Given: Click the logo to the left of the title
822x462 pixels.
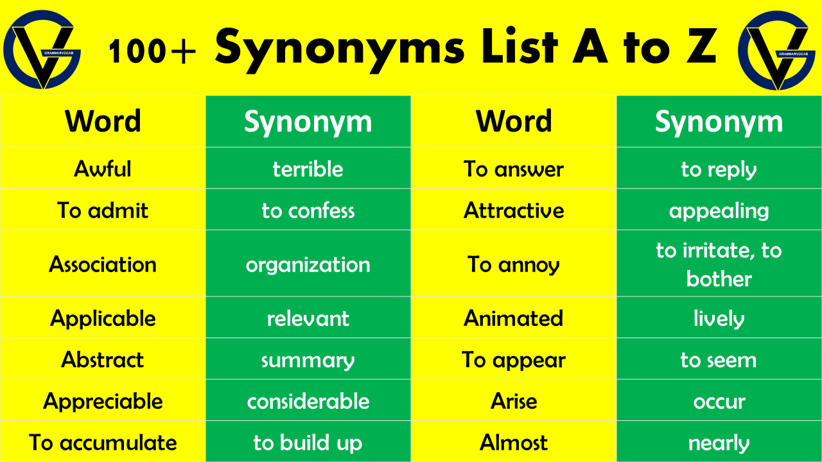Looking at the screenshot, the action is (x=42, y=49).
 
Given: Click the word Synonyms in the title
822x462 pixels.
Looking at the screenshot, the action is (x=340, y=49).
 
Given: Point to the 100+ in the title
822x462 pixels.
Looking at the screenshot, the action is (x=152, y=51).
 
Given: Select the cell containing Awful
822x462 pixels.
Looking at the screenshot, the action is (x=103, y=168).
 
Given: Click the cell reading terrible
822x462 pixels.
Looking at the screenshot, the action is (x=308, y=168).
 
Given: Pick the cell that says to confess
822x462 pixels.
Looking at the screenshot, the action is (x=308, y=210).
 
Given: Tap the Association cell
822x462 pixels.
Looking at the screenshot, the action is (x=103, y=264).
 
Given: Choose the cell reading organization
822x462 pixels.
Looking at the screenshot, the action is (x=308, y=264).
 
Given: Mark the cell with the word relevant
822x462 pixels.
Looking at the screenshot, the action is (x=308, y=318).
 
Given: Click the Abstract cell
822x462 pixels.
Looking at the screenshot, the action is (x=103, y=359).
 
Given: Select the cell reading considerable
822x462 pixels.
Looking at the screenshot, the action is (x=308, y=400).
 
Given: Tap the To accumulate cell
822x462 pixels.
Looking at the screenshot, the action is (x=103, y=441).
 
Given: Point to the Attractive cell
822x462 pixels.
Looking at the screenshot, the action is (x=514, y=210).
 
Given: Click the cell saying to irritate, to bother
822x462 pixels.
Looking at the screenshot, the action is (x=719, y=264).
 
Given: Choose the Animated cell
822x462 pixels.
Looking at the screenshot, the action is (x=514, y=318).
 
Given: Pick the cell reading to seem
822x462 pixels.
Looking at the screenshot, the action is (x=719, y=359).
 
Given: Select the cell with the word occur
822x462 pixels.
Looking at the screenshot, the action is (x=719, y=400).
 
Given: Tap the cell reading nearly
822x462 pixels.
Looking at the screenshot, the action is (x=719, y=441).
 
